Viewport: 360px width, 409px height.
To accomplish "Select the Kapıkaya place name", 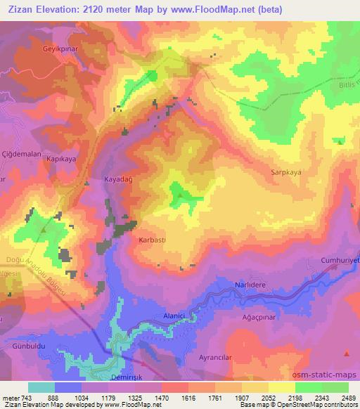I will pyautogui.click(x=60, y=160).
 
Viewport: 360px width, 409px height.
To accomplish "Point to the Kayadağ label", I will pyautogui.click(x=118, y=180).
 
